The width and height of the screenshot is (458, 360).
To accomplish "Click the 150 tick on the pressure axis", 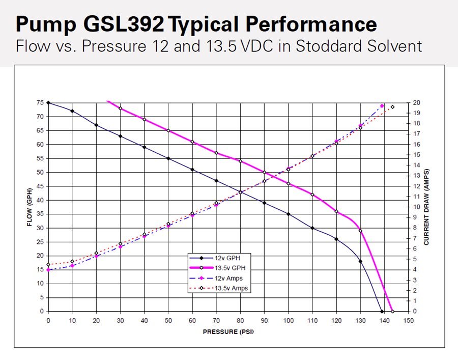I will [408, 320].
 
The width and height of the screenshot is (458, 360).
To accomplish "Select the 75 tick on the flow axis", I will [40, 103].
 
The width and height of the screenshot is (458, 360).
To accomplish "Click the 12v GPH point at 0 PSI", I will [48, 103].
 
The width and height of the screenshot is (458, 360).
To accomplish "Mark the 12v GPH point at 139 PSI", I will [382, 311].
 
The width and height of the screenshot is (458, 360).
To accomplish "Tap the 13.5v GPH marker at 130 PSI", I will [360, 231].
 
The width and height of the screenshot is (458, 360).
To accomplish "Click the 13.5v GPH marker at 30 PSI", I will [120, 108].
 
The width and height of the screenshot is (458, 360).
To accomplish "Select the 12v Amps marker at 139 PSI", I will [382, 106].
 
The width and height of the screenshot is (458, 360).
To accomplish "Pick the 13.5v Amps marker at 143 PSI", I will [392, 107].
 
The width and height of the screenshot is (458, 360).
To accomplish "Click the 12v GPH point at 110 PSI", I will [312, 228].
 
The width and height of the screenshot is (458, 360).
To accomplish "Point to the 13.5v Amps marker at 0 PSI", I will [48, 264].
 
